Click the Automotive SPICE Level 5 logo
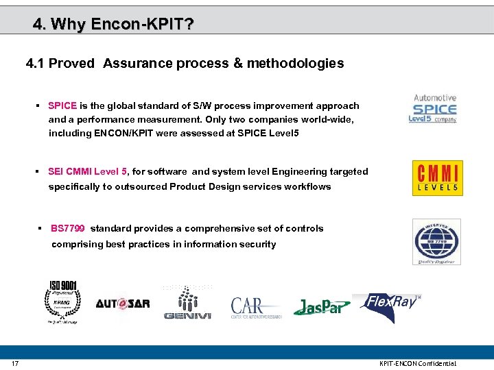(433, 109)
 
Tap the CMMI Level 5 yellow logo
(437, 178)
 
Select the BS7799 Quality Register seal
(436, 242)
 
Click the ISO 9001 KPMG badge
(62, 301)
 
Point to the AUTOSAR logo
(123, 304)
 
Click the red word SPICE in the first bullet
(62, 106)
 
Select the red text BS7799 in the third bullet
(67, 229)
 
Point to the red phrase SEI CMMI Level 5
(88, 172)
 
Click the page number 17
(14, 363)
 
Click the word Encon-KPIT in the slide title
(136, 25)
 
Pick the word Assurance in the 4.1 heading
(138, 64)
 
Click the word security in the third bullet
(257, 245)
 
